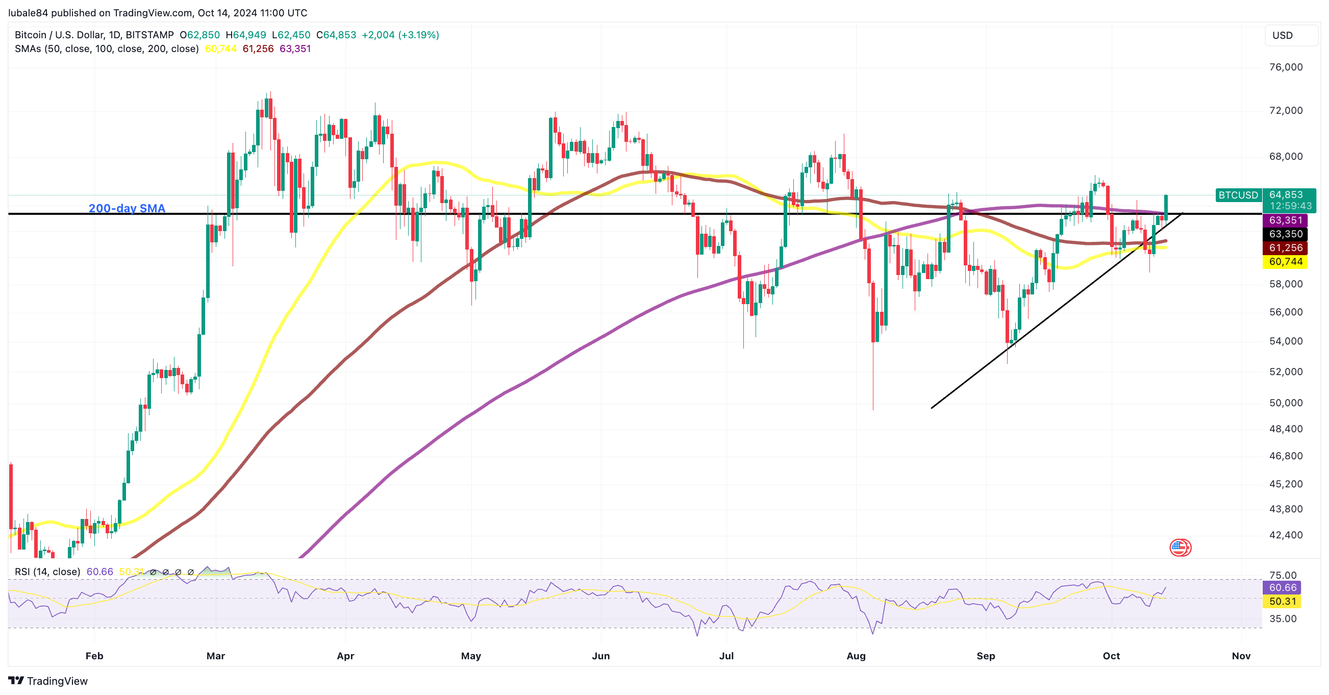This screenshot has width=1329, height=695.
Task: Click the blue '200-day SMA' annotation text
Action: (x=127, y=208)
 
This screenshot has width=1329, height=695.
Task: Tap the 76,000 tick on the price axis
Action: (x=1286, y=67)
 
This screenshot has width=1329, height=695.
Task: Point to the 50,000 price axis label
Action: (x=1286, y=403)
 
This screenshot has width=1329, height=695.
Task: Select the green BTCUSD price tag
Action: (x=1238, y=195)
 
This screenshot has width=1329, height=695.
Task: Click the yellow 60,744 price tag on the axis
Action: (x=1286, y=262)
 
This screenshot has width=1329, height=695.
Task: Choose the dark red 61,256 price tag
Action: (x=1286, y=248)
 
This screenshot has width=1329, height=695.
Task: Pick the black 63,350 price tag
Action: (x=1286, y=234)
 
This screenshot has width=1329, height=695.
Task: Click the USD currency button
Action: (x=1282, y=35)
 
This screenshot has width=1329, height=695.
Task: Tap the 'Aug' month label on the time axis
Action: (x=856, y=656)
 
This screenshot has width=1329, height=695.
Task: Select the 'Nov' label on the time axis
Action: (x=1241, y=656)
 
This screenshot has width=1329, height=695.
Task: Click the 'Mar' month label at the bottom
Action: (x=216, y=656)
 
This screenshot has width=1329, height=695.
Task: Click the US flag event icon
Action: (x=1180, y=548)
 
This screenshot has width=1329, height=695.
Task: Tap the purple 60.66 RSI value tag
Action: (x=1282, y=588)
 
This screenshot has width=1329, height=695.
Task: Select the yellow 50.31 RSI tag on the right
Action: (x=1282, y=602)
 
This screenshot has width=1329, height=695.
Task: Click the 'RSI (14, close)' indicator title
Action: (x=47, y=572)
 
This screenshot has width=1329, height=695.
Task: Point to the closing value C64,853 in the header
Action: (x=336, y=35)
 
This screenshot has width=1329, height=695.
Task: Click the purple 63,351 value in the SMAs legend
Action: (x=295, y=49)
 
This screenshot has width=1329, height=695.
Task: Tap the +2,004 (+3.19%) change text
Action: (x=400, y=35)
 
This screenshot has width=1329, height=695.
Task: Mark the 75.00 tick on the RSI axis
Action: (x=1283, y=575)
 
